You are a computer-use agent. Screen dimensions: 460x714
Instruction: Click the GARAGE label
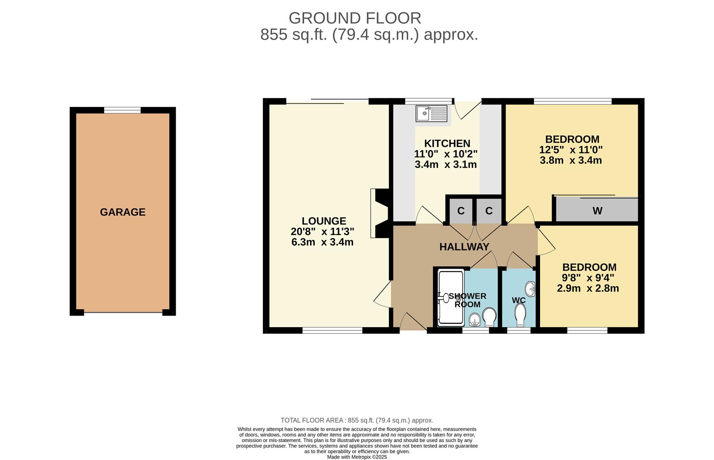point(122,212)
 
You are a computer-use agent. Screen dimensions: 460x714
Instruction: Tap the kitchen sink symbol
point(432,113)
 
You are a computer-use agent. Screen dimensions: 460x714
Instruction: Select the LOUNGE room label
point(324,221)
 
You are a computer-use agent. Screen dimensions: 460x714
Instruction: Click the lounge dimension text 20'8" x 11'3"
point(322,232)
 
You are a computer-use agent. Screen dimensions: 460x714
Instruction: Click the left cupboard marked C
point(461,211)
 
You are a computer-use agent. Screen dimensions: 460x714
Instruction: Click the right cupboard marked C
point(489,211)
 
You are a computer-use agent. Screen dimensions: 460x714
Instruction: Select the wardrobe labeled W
point(597,210)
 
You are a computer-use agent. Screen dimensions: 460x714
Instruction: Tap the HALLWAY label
point(464,247)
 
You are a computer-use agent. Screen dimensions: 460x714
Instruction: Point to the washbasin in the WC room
point(530,289)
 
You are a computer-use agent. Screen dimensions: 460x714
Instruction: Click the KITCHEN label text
point(447,144)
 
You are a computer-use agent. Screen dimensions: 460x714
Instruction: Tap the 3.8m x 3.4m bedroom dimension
point(571,161)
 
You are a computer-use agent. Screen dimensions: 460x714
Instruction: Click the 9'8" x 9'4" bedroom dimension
point(588,278)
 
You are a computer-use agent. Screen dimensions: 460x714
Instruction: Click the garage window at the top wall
point(122,110)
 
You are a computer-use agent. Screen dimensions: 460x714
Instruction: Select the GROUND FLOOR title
point(355,18)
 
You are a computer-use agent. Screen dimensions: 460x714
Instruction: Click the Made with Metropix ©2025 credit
point(357,457)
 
